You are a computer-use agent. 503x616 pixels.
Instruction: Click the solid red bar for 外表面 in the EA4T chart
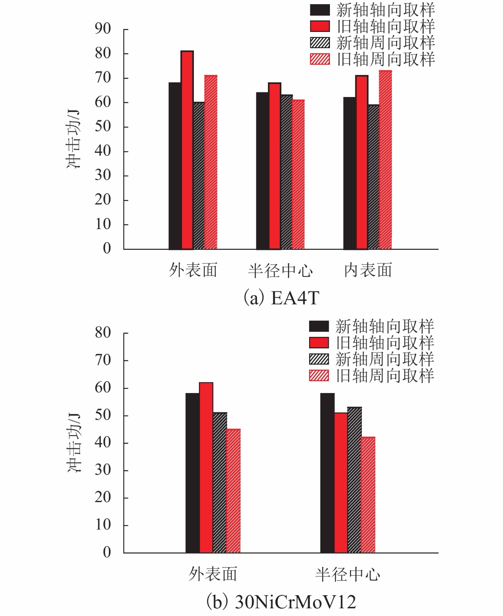tap(187, 150)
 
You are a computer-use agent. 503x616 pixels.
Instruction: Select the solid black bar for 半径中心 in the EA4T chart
tap(262, 171)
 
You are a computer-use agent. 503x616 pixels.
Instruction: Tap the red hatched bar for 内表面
tap(385, 160)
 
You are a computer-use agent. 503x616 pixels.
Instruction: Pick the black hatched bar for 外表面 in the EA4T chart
tap(199, 176)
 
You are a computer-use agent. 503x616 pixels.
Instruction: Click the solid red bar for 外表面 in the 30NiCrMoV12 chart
tap(206, 468)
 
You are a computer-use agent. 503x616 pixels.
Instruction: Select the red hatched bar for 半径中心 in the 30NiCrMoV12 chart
tap(368, 495)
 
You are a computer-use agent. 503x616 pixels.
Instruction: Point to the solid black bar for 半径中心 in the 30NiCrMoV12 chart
tap(327, 473)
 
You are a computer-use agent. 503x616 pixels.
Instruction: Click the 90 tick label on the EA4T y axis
tap(103, 29)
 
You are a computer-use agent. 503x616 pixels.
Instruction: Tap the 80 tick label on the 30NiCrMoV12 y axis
tap(103, 333)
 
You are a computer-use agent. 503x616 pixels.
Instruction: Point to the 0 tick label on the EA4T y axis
tap(107, 248)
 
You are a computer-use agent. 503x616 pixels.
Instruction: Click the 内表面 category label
tap(368, 270)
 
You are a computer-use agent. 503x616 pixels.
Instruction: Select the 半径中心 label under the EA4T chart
tap(280, 270)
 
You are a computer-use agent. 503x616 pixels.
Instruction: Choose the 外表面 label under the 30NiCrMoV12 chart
tap(213, 574)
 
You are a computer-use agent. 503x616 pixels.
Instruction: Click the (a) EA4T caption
tap(281, 298)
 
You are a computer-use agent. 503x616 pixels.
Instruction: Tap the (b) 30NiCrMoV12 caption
tap(281, 602)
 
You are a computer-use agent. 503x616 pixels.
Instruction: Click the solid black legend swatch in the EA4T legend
tap(320, 10)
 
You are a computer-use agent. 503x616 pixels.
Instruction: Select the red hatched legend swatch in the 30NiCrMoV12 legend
tap(319, 375)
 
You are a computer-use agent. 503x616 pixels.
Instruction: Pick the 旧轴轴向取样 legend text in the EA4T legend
tap(385, 26)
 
